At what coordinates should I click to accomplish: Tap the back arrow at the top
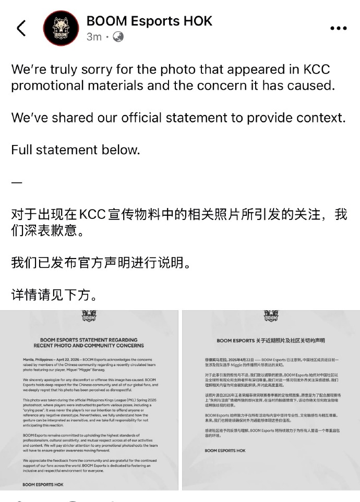[x=21, y=28]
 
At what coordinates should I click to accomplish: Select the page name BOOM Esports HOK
[x=149, y=21]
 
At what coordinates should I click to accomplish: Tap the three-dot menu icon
[x=342, y=29]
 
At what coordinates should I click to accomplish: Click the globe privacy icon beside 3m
[x=118, y=37]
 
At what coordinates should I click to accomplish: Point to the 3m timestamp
[x=94, y=37]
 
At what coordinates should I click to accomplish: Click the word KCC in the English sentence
[x=316, y=70]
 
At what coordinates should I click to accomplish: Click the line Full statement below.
[x=76, y=150]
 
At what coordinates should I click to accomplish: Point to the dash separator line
[x=17, y=182]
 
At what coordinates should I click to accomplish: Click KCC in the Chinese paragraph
[x=93, y=214]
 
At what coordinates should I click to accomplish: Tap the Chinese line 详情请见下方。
[x=54, y=296]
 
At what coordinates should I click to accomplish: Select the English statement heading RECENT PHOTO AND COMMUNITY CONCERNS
[x=89, y=346]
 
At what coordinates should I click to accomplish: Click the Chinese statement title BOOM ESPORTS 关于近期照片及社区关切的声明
[x=270, y=340]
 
